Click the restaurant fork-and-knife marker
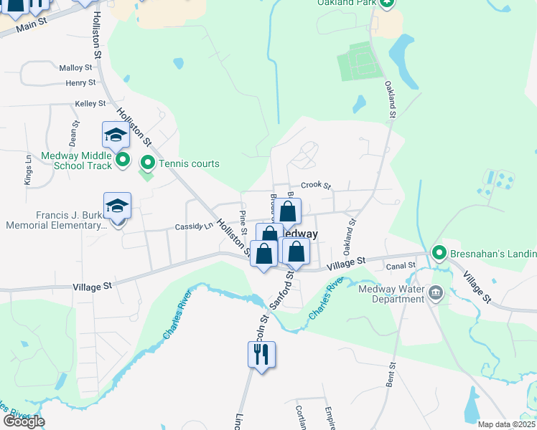261,354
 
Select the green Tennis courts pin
148,163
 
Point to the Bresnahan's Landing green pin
439,253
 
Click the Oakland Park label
347,3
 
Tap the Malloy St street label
76,68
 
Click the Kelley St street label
90,104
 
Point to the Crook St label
315,185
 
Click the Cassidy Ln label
194,226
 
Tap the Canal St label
401,266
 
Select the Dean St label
73,132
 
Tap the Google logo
24,421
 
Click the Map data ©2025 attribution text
506,424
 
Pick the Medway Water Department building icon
435,293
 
